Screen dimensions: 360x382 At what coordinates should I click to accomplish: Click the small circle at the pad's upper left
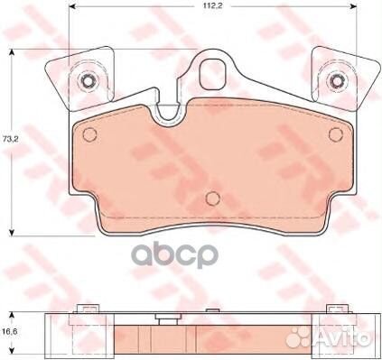point(89,134)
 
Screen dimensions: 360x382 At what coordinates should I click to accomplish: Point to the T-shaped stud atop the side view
point(167,318)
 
